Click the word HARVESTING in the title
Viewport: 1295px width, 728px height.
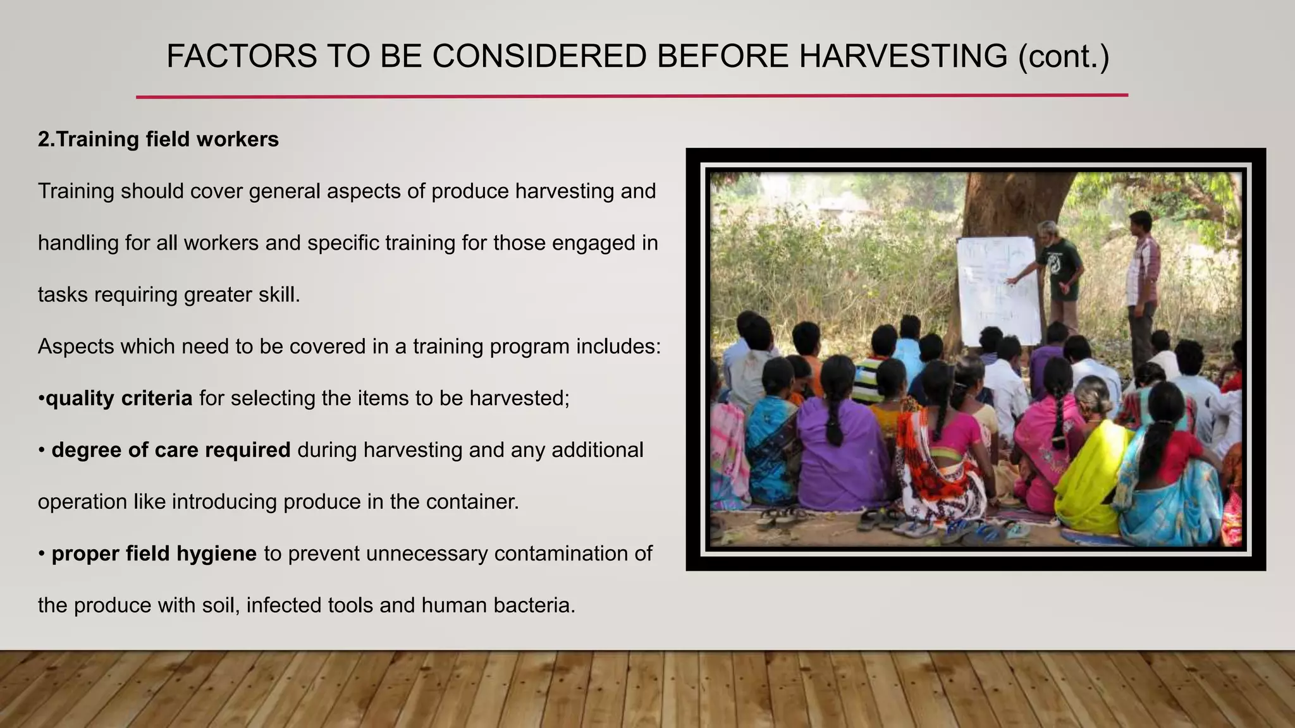[x=903, y=56]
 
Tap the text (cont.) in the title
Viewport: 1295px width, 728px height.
[x=1064, y=56]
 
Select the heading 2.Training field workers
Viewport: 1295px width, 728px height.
[x=158, y=139]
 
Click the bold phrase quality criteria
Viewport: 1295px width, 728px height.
[x=119, y=398]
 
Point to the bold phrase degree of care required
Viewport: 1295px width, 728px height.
[x=171, y=450]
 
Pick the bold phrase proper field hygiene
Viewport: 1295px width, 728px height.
[x=154, y=554]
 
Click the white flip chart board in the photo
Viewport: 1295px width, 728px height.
[x=998, y=291]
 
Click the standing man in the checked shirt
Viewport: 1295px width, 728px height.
[x=1143, y=284]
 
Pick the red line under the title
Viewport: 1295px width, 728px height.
[x=632, y=96]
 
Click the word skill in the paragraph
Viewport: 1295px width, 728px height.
[x=276, y=294]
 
